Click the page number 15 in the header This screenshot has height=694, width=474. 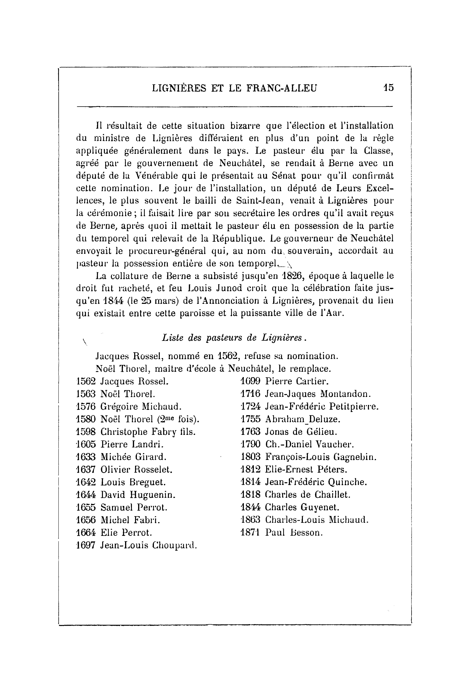coord(389,88)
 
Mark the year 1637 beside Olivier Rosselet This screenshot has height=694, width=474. coord(86,469)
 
